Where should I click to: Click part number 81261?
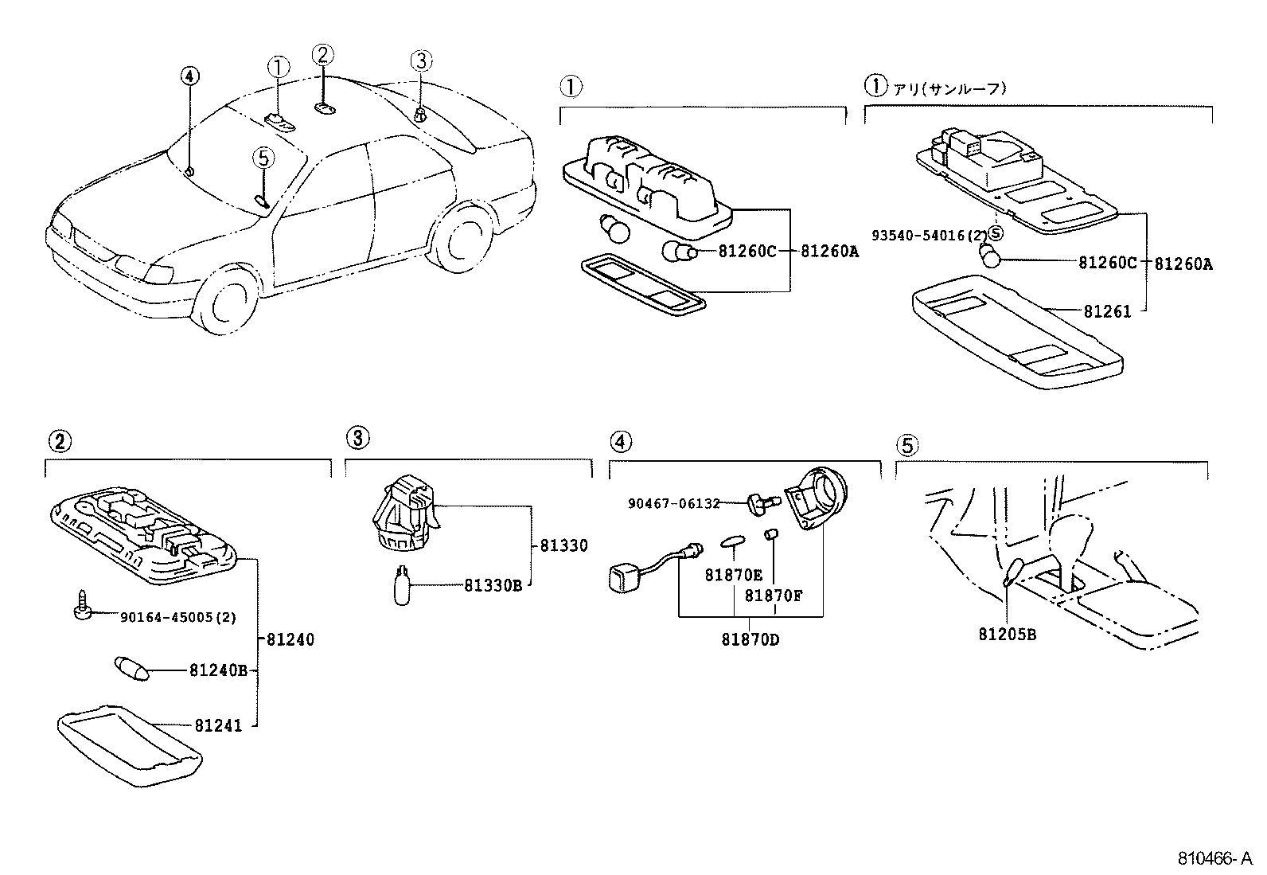[x=1106, y=312]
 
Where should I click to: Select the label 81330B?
[x=493, y=586]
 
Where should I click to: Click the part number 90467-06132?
[x=673, y=503]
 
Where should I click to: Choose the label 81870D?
[x=750, y=639]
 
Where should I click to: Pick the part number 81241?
[x=216, y=725]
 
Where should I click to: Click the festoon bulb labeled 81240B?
[x=132, y=669]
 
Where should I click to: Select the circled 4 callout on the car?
[x=189, y=76]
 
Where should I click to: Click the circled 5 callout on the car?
[x=264, y=158]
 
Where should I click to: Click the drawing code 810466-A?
[x=1215, y=859]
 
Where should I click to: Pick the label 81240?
[x=290, y=639]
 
